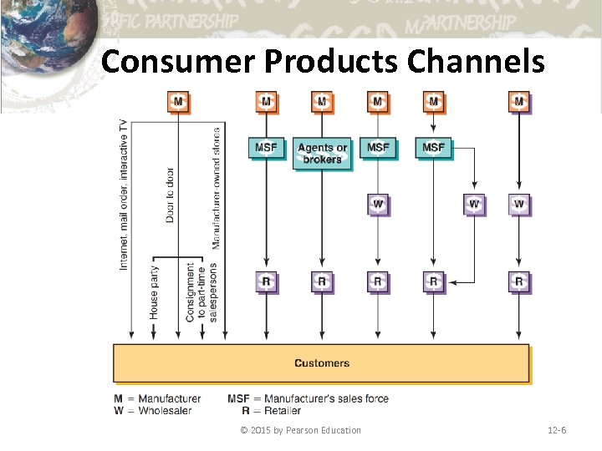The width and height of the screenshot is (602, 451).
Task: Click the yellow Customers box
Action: [321, 363]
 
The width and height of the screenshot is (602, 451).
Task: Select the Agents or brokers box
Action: [322, 153]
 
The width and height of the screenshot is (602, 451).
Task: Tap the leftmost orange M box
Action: [178, 102]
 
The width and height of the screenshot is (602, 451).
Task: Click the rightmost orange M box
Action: [519, 102]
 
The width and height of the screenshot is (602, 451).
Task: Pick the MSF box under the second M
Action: [266, 148]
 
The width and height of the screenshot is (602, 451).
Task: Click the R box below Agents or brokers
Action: [322, 281]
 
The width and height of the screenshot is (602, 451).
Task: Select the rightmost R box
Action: [519, 281]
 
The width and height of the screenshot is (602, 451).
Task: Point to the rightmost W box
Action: [519, 204]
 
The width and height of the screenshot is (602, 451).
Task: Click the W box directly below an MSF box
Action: [378, 204]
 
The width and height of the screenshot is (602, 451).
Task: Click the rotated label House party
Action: [154, 292]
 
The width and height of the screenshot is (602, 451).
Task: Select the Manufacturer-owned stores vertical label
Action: [217, 188]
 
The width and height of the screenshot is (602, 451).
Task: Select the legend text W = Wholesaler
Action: [153, 410]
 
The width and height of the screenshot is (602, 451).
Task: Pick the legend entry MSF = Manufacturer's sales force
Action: [308, 398]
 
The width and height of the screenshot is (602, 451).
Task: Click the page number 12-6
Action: [557, 430]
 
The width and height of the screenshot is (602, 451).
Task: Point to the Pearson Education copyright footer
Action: [300, 430]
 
